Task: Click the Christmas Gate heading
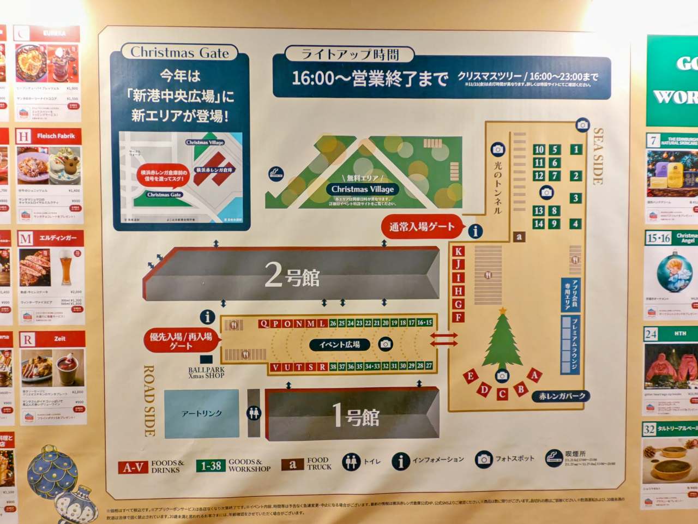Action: point(179,53)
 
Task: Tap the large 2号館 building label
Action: point(292,275)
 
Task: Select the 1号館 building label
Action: point(356,416)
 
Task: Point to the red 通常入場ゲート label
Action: point(422,227)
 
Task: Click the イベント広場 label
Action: point(339,345)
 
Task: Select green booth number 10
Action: point(539,149)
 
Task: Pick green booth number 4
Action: point(575,224)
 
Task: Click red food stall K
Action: point(459,251)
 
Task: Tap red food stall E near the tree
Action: point(470,376)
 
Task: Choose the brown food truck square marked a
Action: point(519,237)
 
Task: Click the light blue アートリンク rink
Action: point(202,413)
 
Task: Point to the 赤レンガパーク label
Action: point(562,396)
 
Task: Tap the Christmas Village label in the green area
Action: point(363,189)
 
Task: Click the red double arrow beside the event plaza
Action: point(444,340)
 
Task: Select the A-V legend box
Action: point(133,467)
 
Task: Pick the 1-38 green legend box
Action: point(210,466)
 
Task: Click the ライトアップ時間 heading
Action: point(350,55)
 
